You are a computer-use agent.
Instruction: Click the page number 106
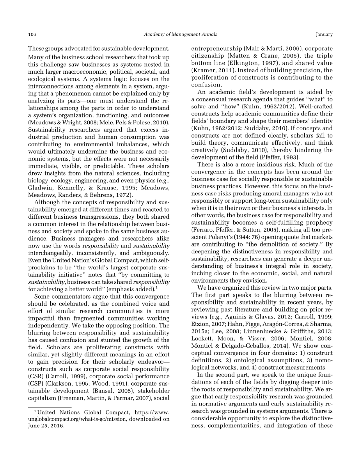coord(32,35)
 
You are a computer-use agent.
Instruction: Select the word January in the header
coord(324,35)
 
